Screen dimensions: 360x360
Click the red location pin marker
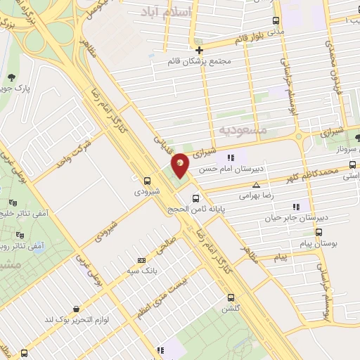point(181,165)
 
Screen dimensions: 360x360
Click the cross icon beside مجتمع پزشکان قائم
point(200,50)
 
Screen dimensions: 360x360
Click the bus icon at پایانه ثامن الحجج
point(196,198)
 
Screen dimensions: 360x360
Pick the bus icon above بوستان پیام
point(319,231)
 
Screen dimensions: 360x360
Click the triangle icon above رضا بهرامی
point(256,184)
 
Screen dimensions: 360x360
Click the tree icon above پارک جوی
point(11,77)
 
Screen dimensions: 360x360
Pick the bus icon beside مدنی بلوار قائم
point(275,22)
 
